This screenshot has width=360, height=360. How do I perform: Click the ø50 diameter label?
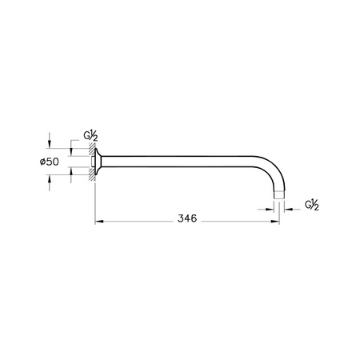[50, 162]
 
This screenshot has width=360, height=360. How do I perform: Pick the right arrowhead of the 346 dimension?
[274, 220]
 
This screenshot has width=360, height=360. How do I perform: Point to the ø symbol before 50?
[42, 162]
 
